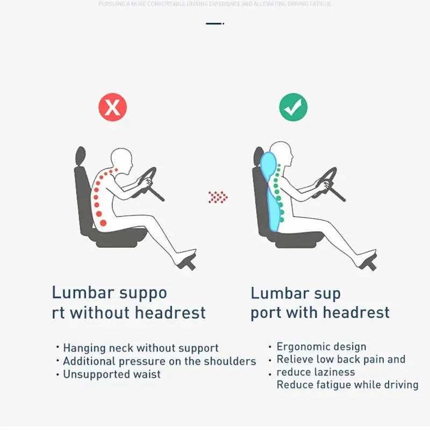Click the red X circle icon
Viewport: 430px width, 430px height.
(112, 107)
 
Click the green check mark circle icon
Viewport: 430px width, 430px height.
(293, 107)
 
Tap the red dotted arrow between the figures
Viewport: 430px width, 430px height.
(218, 197)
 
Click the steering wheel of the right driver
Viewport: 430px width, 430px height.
(327, 181)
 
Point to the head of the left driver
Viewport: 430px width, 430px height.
(121, 159)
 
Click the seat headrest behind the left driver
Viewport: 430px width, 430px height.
(81, 156)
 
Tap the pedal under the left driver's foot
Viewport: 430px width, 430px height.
(186, 263)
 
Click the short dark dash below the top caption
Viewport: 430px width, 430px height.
(214, 24)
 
